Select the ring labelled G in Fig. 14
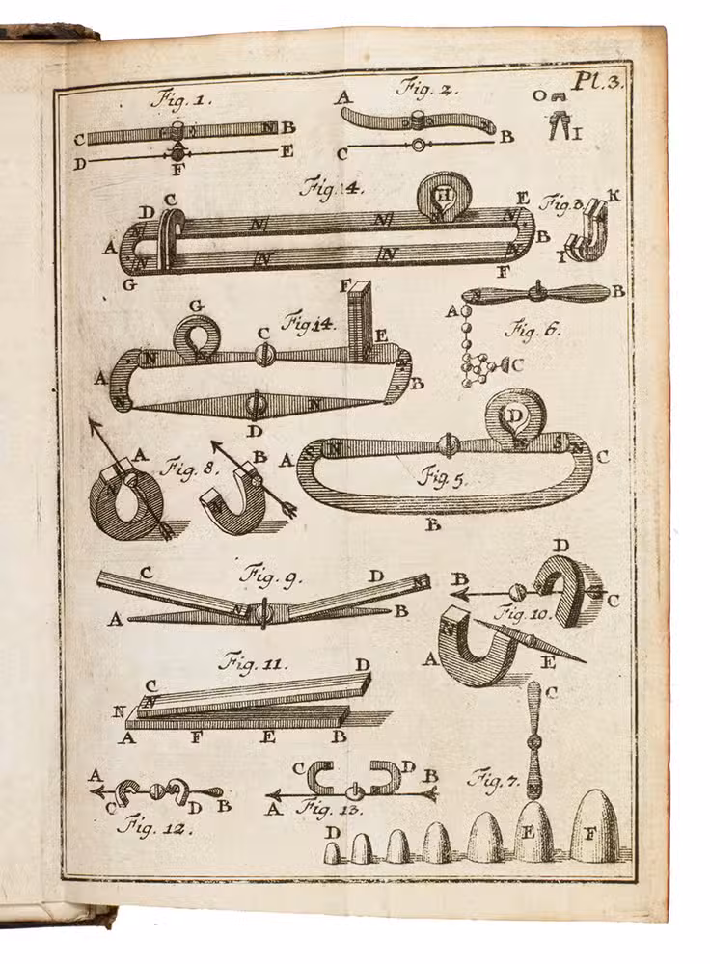click(198, 336)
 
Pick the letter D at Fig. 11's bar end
click(363, 665)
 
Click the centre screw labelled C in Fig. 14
click(263, 355)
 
